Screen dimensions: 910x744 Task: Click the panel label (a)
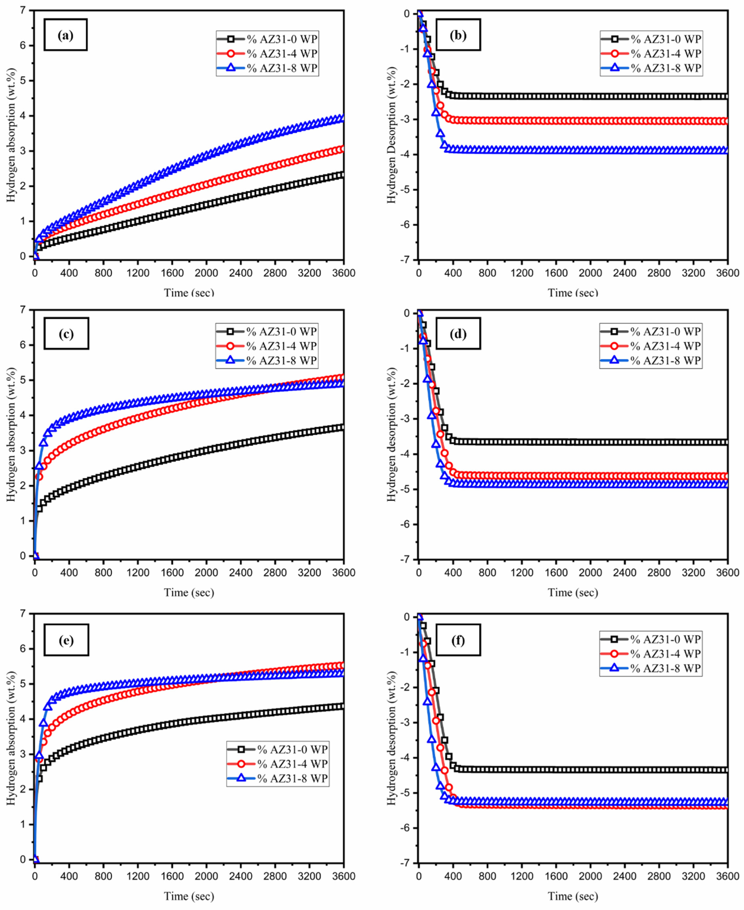tap(66, 35)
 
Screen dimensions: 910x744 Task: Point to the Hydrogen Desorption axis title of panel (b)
tap(391, 135)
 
